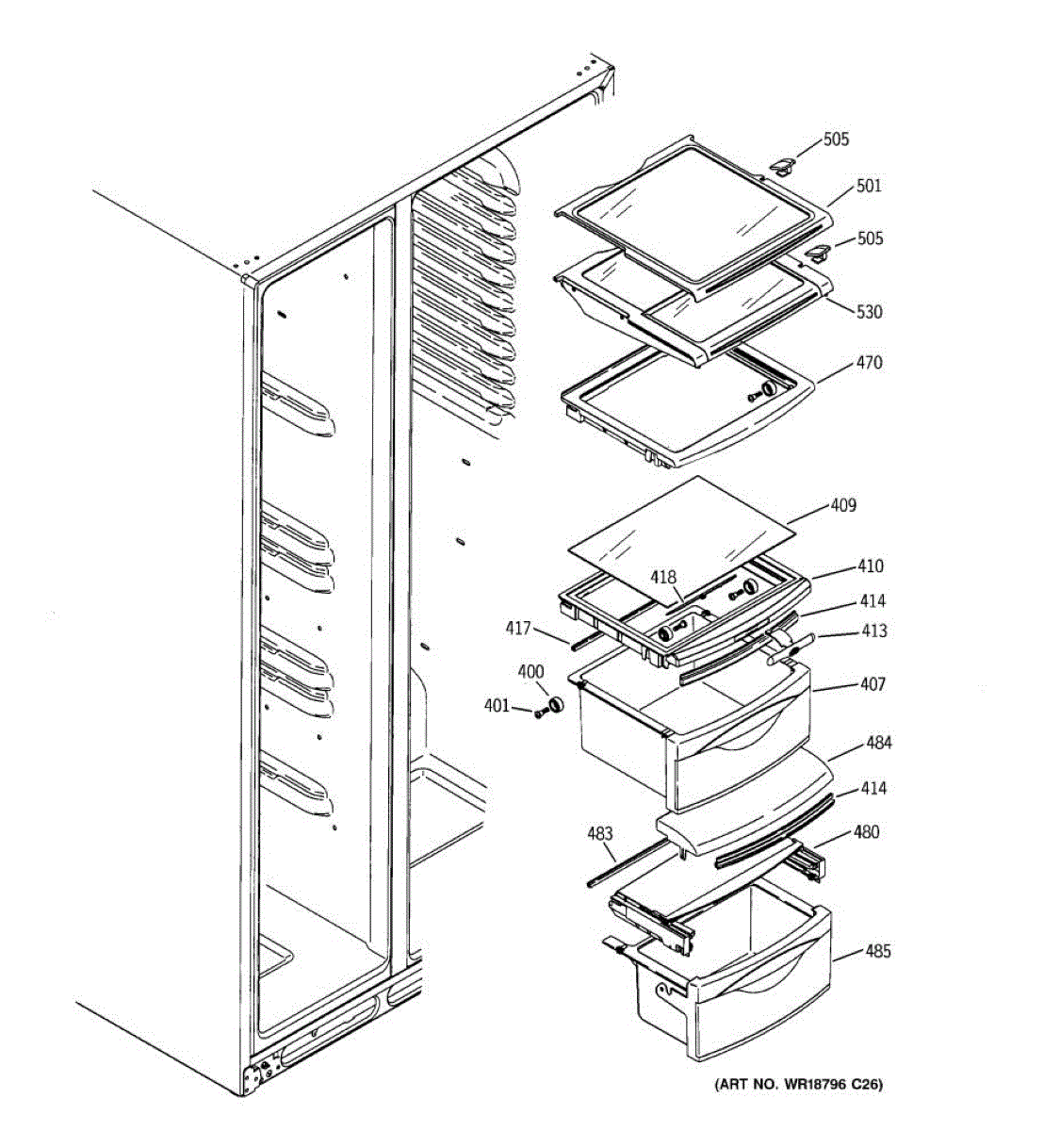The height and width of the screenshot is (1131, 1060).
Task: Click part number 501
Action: click(x=869, y=186)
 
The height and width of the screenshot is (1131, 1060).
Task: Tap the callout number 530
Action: click(x=869, y=311)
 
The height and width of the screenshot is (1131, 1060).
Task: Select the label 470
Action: click(x=869, y=362)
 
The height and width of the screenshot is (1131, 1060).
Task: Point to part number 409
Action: click(x=842, y=505)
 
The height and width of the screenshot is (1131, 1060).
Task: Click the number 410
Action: click(x=870, y=565)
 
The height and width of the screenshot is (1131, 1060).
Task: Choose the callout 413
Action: click(x=873, y=631)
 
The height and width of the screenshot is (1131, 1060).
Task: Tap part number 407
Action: click(x=872, y=683)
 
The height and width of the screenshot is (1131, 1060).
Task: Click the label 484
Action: click(x=878, y=743)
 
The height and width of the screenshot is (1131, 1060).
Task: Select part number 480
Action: click(x=867, y=832)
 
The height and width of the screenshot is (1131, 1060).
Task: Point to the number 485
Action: click(x=877, y=951)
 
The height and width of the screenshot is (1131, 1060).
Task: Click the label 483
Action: click(x=599, y=833)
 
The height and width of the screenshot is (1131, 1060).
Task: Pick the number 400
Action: click(x=530, y=672)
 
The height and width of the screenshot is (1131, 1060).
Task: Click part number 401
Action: click(x=497, y=705)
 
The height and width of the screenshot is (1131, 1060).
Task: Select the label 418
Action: click(x=664, y=576)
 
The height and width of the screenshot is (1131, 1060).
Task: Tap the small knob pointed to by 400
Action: click(x=556, y=704)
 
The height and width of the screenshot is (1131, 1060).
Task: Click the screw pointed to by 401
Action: click(x=540, y=713)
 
